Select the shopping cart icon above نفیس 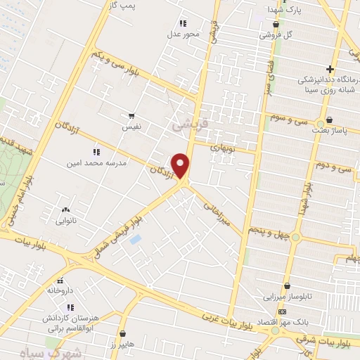point(131,115)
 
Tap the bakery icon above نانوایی point(65,209)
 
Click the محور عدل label point(184,34)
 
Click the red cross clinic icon point(350,68)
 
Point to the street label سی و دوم point(333,167)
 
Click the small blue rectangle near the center point(136,240)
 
